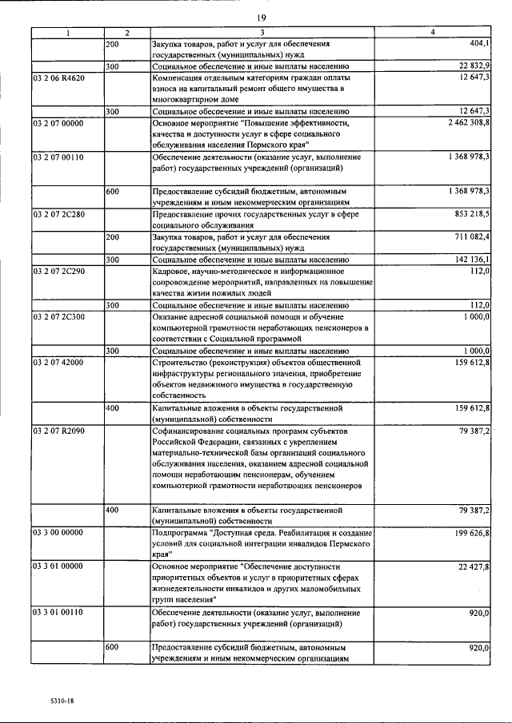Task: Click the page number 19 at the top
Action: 261,18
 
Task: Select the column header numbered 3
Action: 263,33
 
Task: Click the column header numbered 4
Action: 433,33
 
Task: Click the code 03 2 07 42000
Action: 62,363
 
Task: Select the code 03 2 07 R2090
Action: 62,431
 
